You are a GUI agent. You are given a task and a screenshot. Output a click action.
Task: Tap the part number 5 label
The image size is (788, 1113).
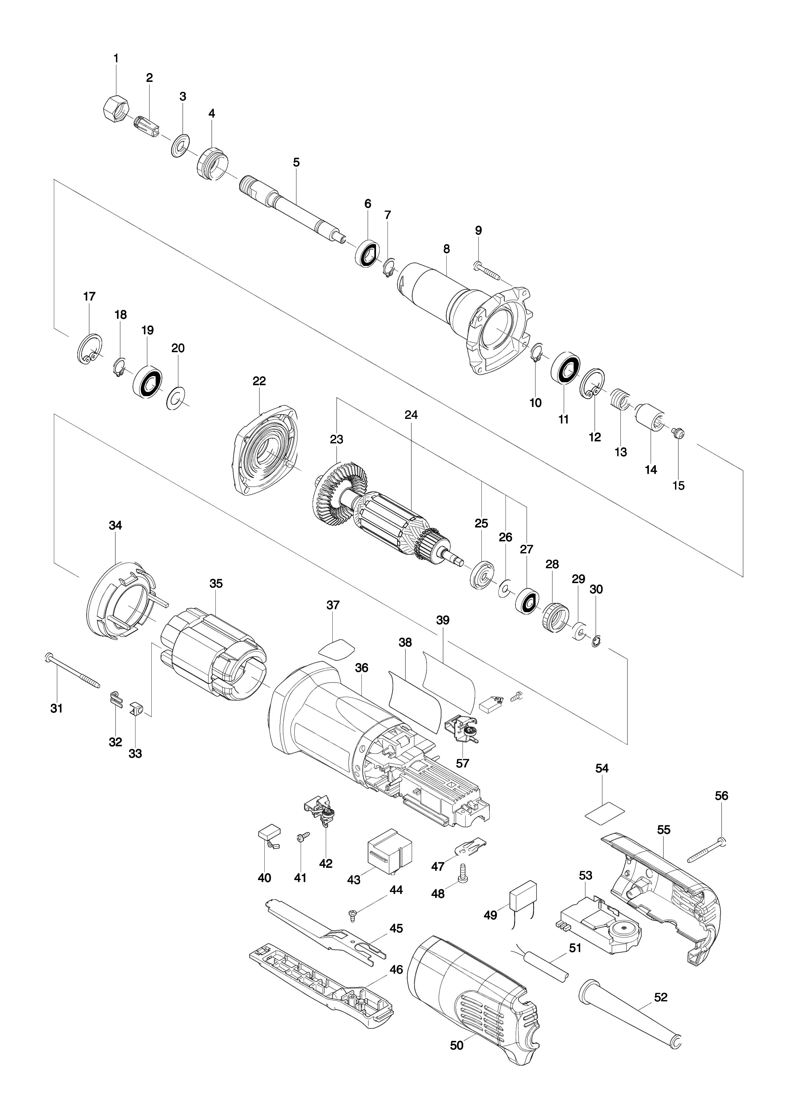296,162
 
